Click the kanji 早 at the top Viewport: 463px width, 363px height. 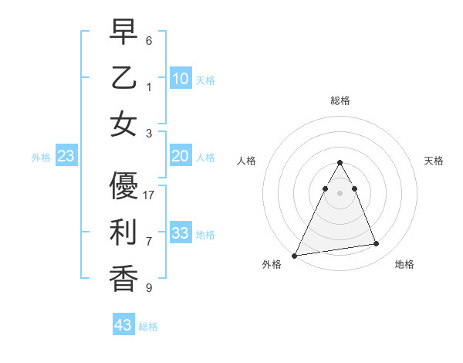click(124, 32)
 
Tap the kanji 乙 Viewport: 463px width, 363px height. click(124, 78)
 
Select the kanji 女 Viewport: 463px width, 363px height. click(124, 124)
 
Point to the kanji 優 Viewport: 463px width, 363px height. click(124, 187)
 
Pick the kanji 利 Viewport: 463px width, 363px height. click(124, 232)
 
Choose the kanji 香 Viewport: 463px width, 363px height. click(124, 278)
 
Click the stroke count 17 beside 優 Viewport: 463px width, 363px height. click(150, 195)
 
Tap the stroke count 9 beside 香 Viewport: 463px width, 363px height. click(150, 288)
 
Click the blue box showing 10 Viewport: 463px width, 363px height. click(181, 78)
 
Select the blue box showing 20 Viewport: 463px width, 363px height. click(181, 156)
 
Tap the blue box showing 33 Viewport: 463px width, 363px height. click(181, 233)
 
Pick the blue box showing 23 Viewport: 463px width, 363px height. click(66, 156)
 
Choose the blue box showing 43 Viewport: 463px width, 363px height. click(123, 325)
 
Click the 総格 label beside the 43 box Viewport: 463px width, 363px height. click(149, 327)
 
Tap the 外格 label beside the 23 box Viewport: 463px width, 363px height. click(41, 158)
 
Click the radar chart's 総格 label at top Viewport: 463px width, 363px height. click(340, 100)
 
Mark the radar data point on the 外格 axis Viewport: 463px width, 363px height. click(294, 255)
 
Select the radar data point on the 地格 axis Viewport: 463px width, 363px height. click(377, 244)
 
